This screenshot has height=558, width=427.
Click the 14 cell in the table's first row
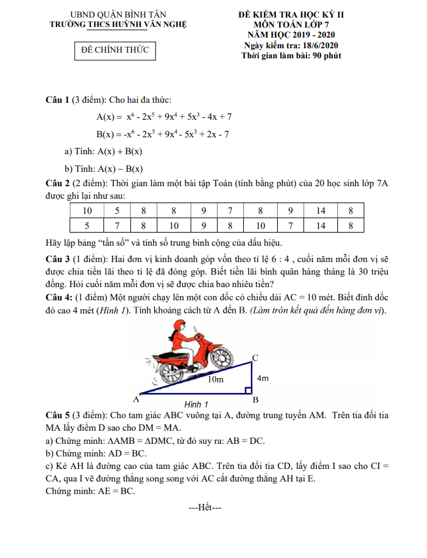click(320, 211)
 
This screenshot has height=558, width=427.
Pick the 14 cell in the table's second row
click(320, 226)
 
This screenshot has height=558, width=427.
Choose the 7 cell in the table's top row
click(230, 211)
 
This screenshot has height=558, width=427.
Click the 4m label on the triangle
click(263, 378)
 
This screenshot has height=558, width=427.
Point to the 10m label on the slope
click(215, 379)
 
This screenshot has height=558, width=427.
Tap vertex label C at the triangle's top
click(255, 358)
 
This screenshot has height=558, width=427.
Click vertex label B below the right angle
click(255, 400)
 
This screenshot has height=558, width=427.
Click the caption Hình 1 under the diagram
click(196, 404)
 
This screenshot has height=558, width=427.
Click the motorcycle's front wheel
click(221, 359)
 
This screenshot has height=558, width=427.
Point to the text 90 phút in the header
click(325, 55)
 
